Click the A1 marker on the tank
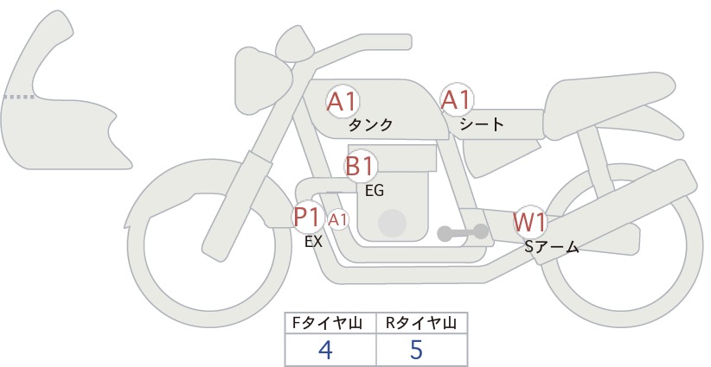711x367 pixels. (343, 102)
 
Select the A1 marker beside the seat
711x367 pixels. (457, 99)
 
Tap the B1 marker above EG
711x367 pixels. (360, 166)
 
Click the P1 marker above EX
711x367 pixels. (308, 218)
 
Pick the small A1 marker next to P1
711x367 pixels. (338, 220)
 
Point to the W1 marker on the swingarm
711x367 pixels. (529, 222)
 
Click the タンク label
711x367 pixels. (370, 125)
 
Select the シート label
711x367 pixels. (482, 124)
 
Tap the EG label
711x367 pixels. (375, 191)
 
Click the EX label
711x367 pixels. (313, 242)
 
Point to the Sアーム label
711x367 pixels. (551, 247)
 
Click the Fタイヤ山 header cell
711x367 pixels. (330, 323)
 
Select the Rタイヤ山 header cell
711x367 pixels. (422, 323)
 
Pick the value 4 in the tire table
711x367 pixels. (325, 350)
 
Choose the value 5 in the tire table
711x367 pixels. (416, 350)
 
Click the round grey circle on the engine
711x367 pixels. (392, 223)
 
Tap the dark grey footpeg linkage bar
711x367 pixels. (463, 232)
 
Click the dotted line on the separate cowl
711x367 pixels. (18, 97)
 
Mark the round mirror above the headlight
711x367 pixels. (294, 44)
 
